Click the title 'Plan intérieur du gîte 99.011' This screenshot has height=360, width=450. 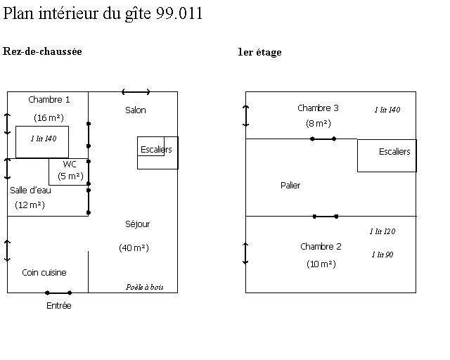pyautogui.click(x=103, y=14)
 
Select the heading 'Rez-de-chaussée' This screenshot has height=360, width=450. pyautogui.click(x=43, y=51)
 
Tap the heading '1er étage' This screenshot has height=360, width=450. pyautogui.click(x=259, y=52)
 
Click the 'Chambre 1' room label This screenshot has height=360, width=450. pyautogui.click(x=49, y=100)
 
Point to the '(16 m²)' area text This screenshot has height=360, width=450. pyautogui.click(x=49, y=117)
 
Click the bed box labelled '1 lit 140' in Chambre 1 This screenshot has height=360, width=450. pyautogui.click(x=42, y=141)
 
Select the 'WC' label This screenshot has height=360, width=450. pyautogui.click(x=70, y=164)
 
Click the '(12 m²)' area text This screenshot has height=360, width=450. pyautogui.click(x=30, y=205)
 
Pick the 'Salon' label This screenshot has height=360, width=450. pyautogui.click(x=136, y=110)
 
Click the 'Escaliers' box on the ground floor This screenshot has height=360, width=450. pyautogui.click(x=157, y=150)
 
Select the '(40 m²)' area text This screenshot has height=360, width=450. pyautogui.click(x=134, y=247)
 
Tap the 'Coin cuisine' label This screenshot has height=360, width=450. pyautogui.click(x=44, y=273)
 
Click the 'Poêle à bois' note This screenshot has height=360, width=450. pyautogui.click(x=145, y=287)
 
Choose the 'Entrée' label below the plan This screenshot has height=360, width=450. pyautogui.click(x=58, y=306)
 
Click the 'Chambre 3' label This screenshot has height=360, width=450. pyautogui.click(x=318, y=108)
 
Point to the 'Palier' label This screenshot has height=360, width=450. pyautogui.click(x=290, y=186)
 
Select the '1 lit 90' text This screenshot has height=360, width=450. pyautogui.click(x=382, y=255)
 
